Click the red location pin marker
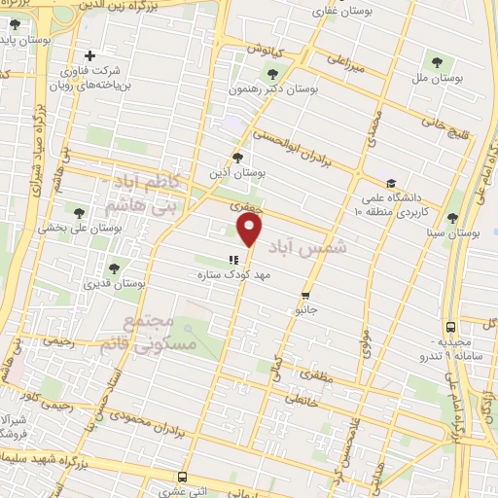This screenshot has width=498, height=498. (x=251, y=230)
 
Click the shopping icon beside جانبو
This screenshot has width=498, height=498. (x=305, y=296)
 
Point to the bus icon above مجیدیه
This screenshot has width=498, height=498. (x=449, y=328)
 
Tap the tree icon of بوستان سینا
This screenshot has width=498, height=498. (x=453, y=218)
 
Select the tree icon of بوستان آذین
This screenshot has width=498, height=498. (x=238, y=157)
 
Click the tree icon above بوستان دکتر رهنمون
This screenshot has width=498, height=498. (x=270, y=72)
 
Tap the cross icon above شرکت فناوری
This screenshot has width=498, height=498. (x=90, y=55)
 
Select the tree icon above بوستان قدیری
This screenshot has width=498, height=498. (x=114, y=267)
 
